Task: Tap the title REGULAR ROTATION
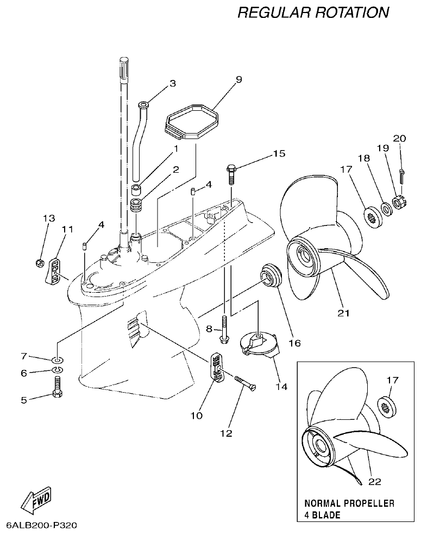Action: pyautogui.click(x=313, y=12)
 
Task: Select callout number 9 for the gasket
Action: pyautogui.click(x=238, y=79)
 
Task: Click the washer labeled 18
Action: pyautogui.click(x=385, y=208)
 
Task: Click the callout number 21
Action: pyautogui.click(x=343, y=313)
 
